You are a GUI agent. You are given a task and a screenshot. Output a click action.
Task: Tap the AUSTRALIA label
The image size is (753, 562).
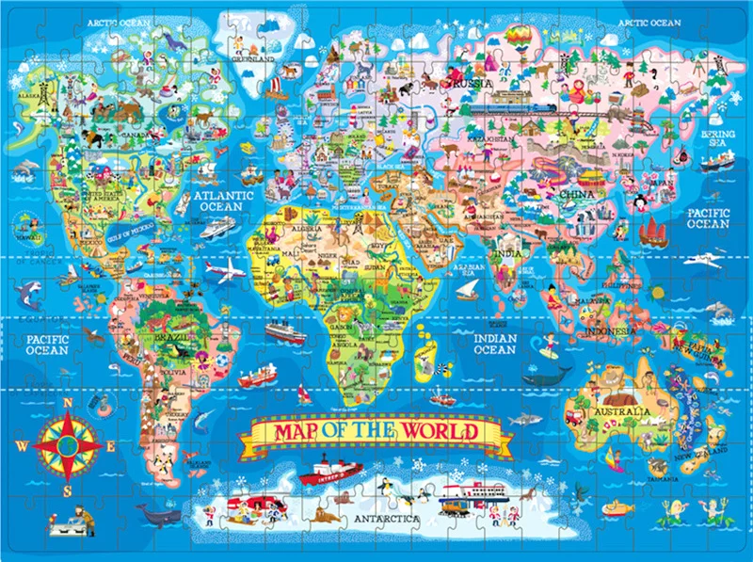click(x=618, y=411)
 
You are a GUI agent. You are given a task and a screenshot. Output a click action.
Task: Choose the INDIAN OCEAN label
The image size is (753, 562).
click(x=495, y=344)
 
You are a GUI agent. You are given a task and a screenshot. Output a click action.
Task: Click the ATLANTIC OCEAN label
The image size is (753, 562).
click(x=224, y=201)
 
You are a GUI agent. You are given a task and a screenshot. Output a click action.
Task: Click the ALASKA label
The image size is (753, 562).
click(x=40, y=95)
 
